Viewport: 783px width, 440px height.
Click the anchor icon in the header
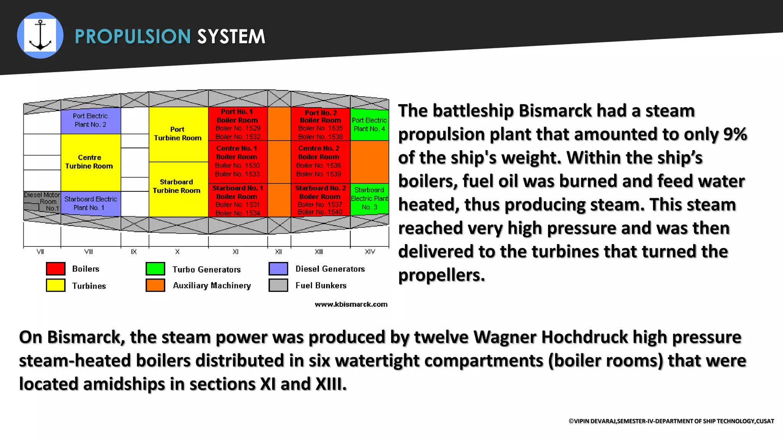click(40, 36)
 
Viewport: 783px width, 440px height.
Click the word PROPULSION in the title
click(133, 37)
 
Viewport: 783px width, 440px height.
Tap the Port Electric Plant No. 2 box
click(90, 120)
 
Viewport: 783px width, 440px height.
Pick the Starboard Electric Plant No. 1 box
click(90, 203)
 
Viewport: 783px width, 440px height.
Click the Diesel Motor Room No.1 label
click(42, 201)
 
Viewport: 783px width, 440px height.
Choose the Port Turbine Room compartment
click(178, 134)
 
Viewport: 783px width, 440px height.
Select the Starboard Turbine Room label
click(177, 186)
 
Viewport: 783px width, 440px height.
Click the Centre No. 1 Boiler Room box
click(237, 161)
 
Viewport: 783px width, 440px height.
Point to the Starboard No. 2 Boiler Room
click(320, 200)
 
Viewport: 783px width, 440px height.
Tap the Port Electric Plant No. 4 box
click(369, 125)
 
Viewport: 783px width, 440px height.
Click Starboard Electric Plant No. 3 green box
click(369, 199)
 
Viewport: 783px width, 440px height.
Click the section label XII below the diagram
click(278, 252)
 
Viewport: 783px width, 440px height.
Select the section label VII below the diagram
click(40, 252)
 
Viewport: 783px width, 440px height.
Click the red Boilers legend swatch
click(55, 269)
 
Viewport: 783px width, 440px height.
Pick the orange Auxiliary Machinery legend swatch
click(155, 285)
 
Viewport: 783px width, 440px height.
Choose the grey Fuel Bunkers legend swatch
click(278, 285)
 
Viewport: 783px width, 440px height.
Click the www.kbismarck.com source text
click(351, 304)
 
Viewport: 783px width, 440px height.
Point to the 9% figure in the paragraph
click(735, 134)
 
